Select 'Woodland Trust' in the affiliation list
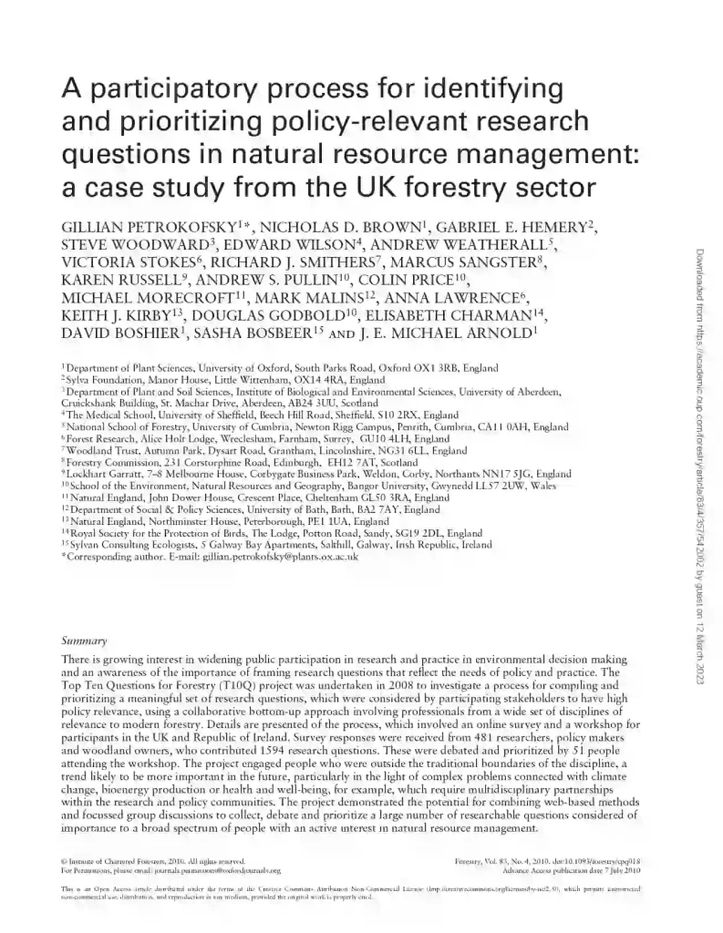tap(99, 450)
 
